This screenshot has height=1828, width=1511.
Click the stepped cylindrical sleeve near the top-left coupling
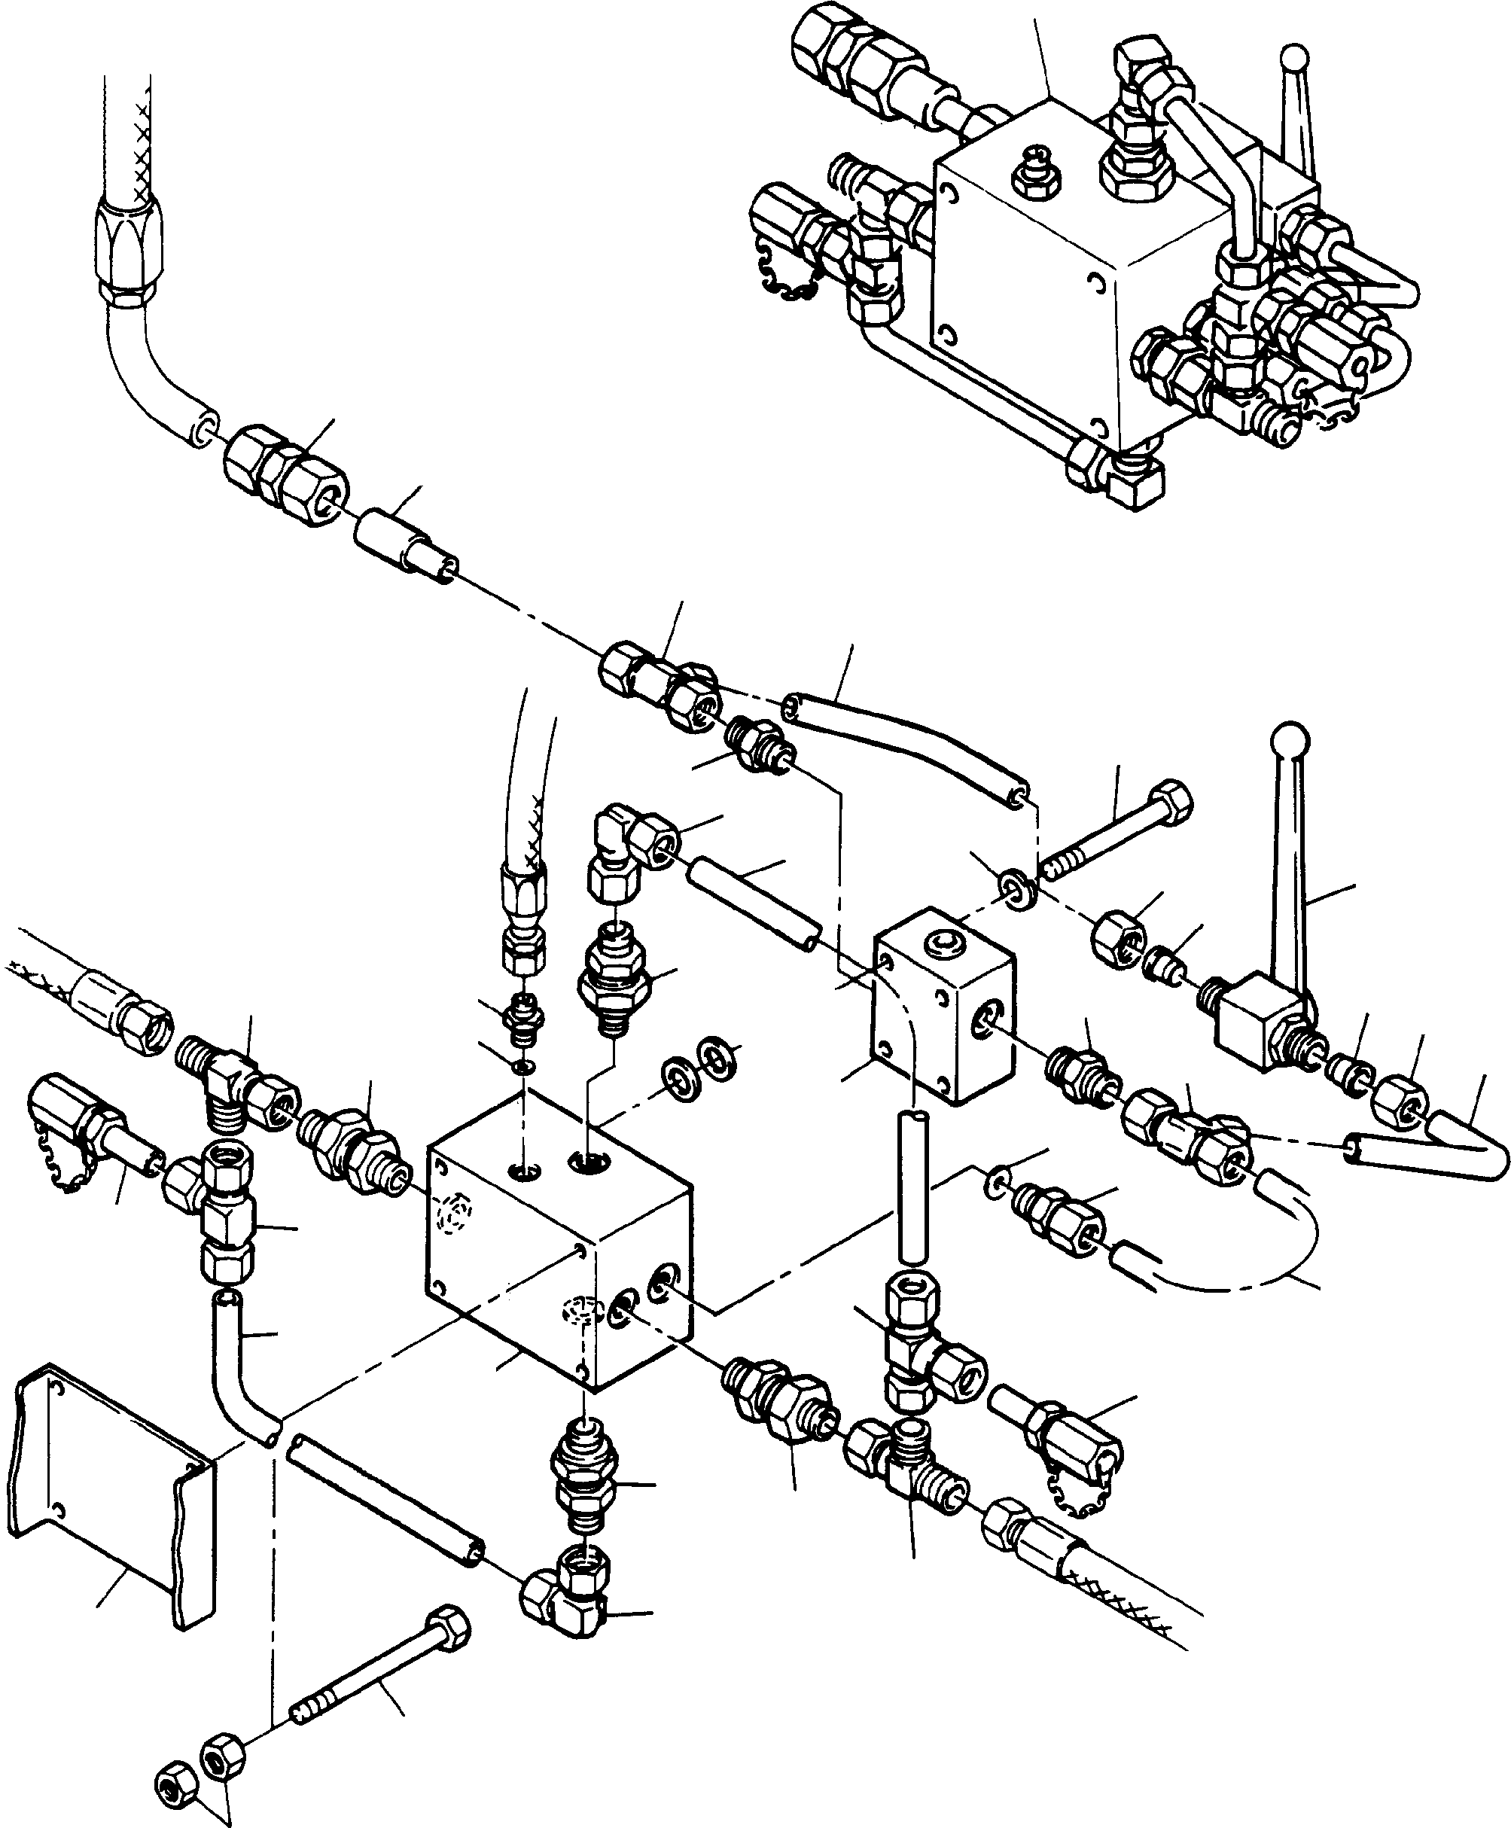[402, 546]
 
